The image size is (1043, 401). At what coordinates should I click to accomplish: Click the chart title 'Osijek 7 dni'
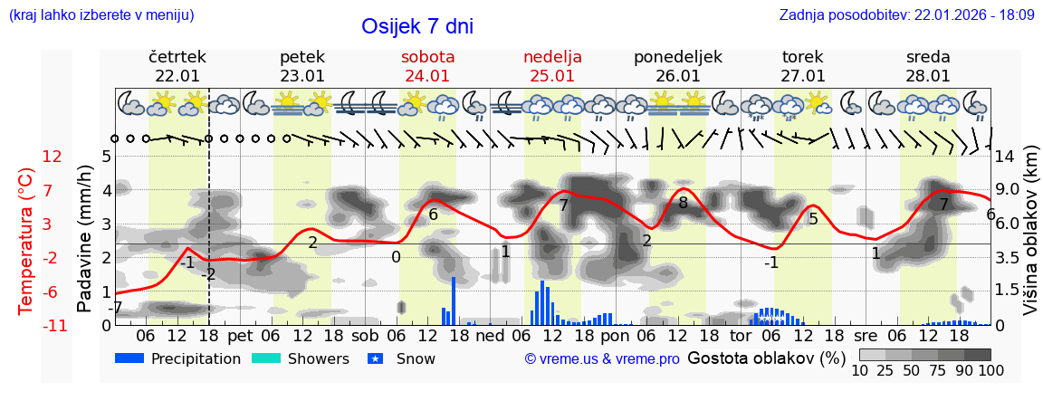point(416,27)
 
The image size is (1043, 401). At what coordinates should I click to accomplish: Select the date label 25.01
point(552,76)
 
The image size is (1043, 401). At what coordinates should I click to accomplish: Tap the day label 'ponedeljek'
point(677,57)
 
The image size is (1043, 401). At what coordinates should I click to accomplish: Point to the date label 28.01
point(928,76)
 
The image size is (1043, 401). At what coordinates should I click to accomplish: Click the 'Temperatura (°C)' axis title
point(27,241)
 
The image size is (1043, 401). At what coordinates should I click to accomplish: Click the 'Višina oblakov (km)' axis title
point(1030,241)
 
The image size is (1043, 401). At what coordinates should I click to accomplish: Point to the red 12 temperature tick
point(52,157)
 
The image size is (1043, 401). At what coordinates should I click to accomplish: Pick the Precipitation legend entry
point(178,358)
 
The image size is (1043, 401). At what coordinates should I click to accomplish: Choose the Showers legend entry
point(300,358)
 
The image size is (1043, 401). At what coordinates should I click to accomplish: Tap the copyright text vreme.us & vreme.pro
point(602,358)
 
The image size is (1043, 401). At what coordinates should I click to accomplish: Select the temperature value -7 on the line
point(115,308)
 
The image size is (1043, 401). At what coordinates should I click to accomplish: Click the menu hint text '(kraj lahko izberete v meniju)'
point(100,14)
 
